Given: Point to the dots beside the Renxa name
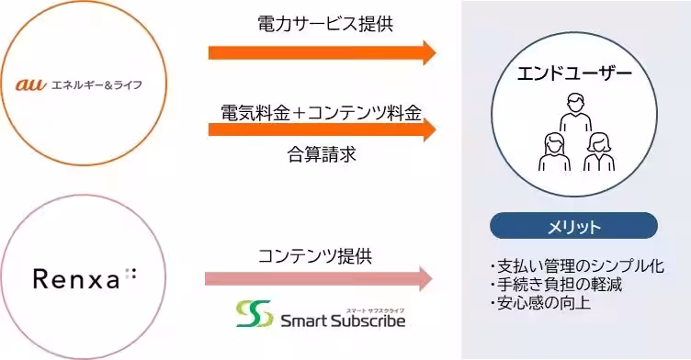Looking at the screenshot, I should tap(130, 274).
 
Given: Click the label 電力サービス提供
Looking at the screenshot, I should tap(325, 24).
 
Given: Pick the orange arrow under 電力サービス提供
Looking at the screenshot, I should tap(322, 52).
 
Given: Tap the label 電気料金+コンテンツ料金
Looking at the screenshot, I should tap(321, 112).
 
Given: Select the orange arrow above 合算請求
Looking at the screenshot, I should tap(322, 129).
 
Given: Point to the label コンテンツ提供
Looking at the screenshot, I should tap(316, 255).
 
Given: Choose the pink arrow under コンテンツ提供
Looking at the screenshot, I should tap(318, 278).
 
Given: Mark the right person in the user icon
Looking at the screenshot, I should tap(598, 152).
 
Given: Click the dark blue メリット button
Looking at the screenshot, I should tap(574, 226).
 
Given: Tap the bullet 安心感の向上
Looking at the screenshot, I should tap(541, 302).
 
